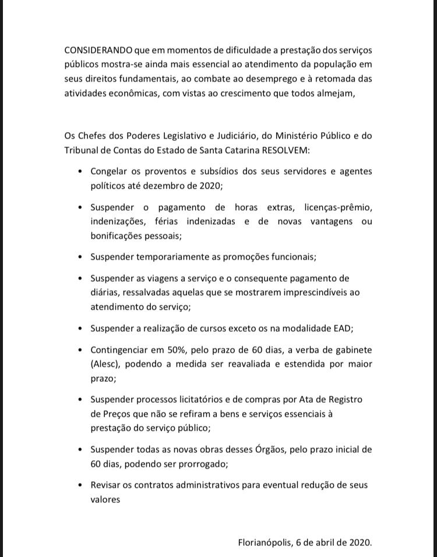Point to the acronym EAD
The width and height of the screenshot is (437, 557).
(x=343, y=328)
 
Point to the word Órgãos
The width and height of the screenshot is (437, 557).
(x=274, y=449)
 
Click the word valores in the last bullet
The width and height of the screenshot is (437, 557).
(x=105, y=499)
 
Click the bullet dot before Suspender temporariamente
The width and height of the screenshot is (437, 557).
(x=80, y=257)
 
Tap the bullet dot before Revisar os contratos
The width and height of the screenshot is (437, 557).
(x=80, y=485)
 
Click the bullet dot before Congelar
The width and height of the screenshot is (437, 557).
(x=80, y=172)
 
